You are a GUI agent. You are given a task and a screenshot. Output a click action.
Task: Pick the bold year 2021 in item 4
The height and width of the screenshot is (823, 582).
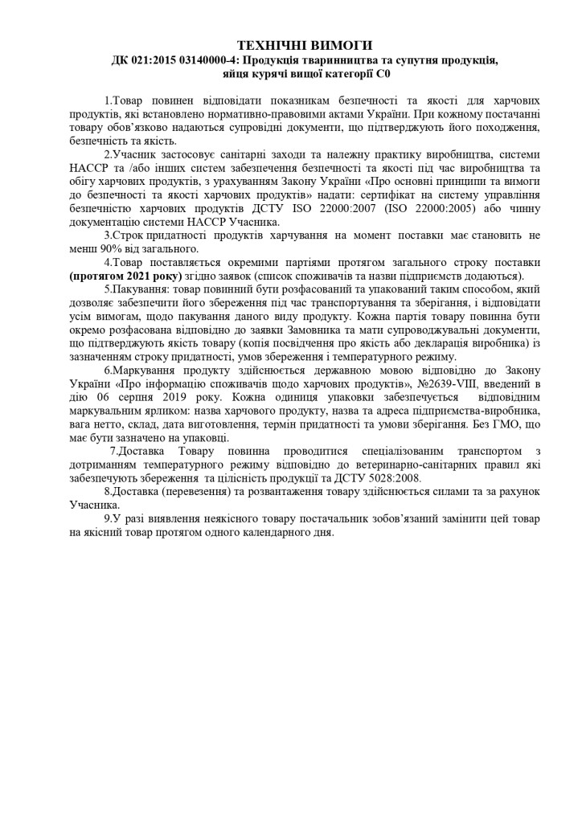[x=133, y=276]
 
